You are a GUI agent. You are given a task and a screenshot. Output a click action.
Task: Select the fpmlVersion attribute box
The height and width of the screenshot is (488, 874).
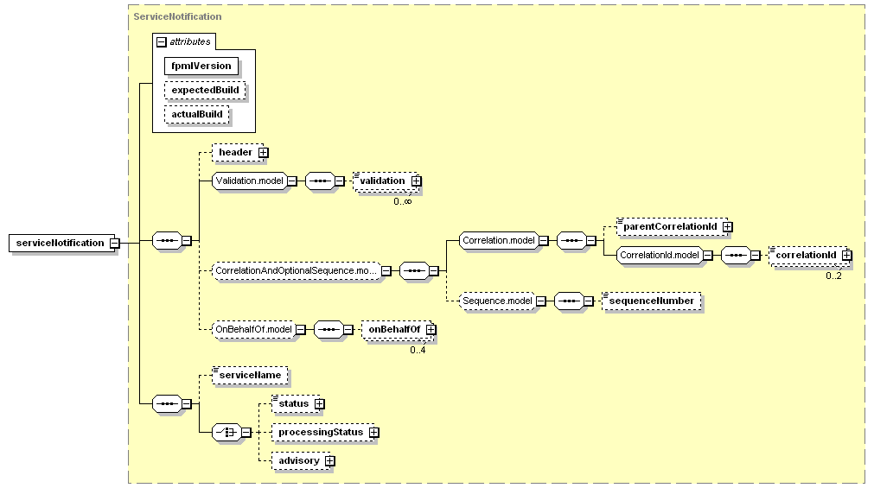(201, 66)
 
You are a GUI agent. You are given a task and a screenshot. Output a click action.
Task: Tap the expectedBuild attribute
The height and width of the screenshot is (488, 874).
(205, 90)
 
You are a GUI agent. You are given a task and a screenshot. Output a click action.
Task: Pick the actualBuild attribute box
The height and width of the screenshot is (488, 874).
(197, 115)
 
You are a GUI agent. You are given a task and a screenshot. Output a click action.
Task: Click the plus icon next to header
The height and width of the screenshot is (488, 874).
(263, 153)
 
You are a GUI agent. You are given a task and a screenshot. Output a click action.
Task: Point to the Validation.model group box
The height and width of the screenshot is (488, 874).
(250, 181)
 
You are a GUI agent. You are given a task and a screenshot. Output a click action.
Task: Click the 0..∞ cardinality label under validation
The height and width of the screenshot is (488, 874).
(403, 201)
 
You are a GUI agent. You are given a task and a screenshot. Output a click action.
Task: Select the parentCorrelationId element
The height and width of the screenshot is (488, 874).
(671, 227)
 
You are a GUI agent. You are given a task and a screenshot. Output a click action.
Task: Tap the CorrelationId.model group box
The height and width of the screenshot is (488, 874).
(660, 255)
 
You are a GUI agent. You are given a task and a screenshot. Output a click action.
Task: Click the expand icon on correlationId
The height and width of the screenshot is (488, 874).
(846, 255)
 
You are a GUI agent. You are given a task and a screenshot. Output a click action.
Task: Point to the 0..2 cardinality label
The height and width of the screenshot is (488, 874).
(834, 276)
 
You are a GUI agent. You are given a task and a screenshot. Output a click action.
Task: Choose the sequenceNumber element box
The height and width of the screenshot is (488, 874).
(652, 301)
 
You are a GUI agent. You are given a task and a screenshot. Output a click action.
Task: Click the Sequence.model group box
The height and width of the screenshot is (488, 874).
(498, 301)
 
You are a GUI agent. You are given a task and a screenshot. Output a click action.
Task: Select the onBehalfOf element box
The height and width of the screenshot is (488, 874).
(397, 330)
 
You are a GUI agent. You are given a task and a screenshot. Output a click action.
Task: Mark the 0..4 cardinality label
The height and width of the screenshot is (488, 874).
(418, 351)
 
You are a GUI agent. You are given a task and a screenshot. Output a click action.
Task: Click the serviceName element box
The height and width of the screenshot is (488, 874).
(251, 376)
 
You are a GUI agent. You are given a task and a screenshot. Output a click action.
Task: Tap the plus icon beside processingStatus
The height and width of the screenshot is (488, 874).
(374, 433)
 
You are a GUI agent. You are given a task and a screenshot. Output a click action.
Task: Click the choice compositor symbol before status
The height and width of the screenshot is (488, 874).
(226, 433)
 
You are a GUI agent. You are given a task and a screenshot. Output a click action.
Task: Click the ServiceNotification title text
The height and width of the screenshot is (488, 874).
(177, 16)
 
